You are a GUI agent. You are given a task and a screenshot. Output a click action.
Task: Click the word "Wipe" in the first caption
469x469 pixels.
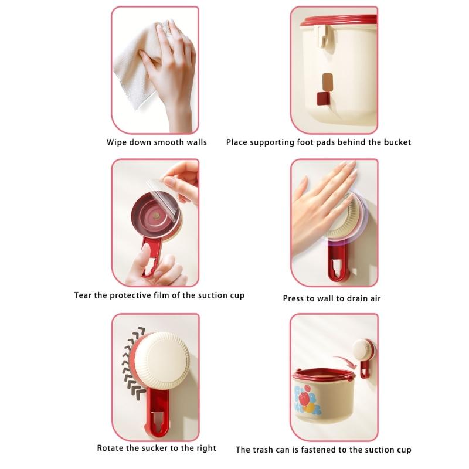(116, 142)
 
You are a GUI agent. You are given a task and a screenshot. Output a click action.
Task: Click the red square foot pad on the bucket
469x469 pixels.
(323, 98)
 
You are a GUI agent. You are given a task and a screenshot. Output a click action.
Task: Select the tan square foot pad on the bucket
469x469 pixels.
(328, 81)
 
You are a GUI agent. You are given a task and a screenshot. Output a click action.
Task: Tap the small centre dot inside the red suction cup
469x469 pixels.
(155, 215)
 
